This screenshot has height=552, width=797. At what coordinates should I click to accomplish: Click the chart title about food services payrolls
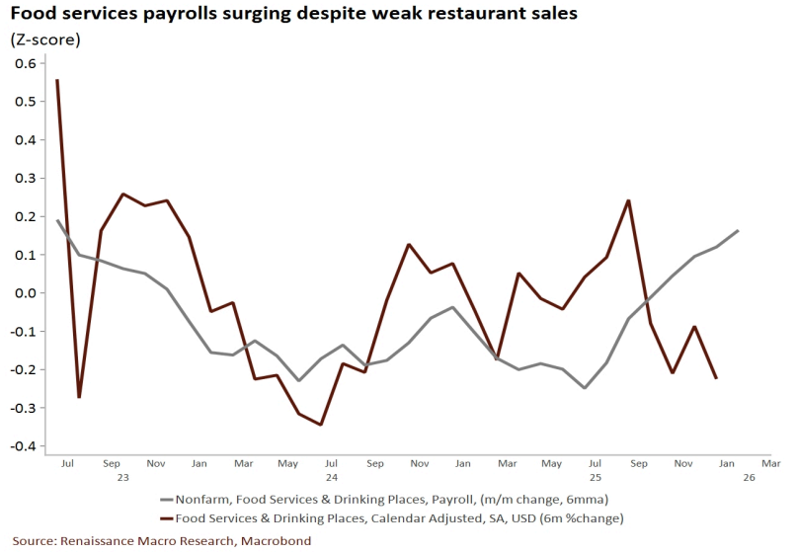pos(294,15)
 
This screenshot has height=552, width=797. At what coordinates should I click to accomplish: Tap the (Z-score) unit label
pos(45,39)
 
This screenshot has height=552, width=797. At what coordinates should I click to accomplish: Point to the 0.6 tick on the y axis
pos(26,63)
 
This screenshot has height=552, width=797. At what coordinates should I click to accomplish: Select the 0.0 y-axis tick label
pos(26,293)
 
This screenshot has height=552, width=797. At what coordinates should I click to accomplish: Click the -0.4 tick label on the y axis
pos(23,446)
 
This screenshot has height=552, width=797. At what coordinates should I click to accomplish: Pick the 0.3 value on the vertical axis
pos(26,178)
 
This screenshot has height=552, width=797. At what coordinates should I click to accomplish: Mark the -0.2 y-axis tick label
pos(23,369)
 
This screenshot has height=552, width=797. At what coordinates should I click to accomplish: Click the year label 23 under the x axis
pos(122,477)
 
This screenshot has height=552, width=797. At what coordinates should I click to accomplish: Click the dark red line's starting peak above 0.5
pos(57,80)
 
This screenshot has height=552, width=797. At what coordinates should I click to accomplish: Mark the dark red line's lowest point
pos(320,425)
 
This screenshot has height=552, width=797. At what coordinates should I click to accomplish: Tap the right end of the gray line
pos(738,231)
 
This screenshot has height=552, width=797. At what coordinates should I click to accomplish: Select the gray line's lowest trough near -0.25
pos(585,387)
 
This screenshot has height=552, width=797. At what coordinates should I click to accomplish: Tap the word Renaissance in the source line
pos(98,540)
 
